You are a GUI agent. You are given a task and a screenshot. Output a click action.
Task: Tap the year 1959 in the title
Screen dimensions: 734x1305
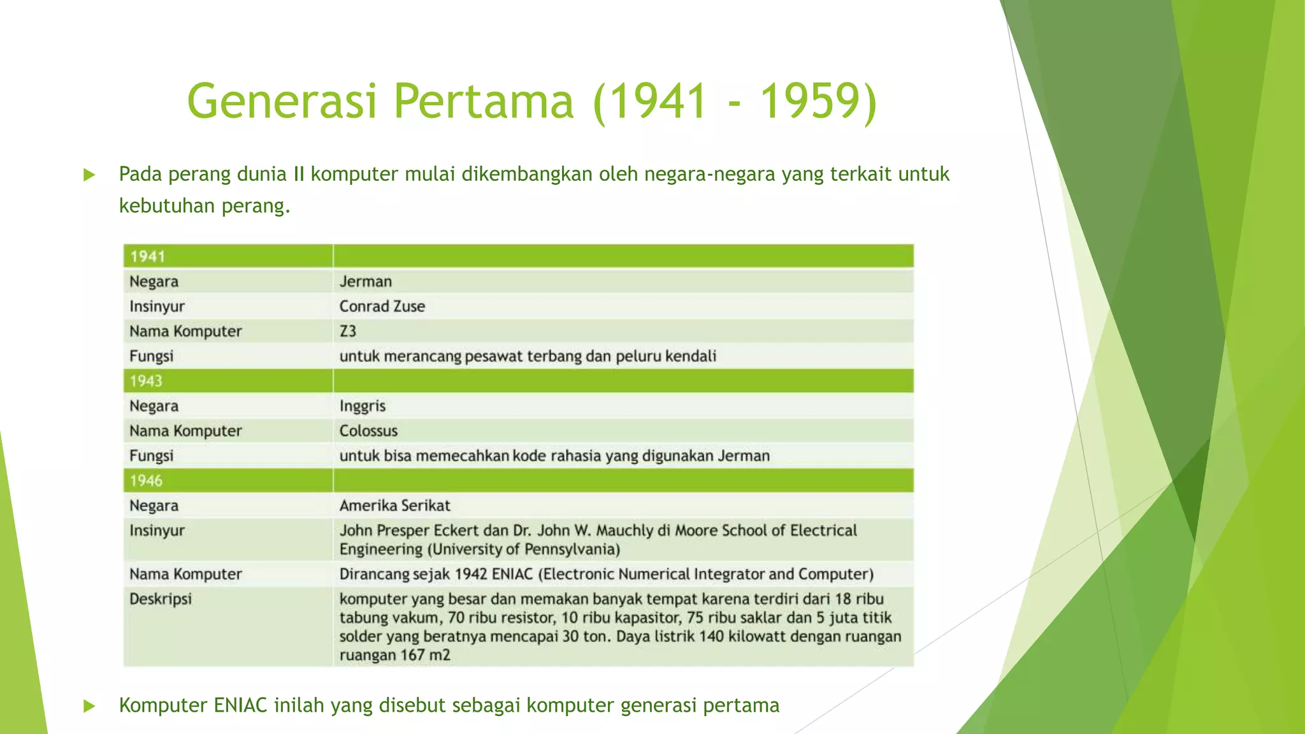coord(818,101)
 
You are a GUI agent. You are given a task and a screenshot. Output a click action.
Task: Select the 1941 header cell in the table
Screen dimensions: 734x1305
coord(148,256)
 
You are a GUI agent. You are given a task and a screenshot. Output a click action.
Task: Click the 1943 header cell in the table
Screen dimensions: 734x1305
coord(147,381)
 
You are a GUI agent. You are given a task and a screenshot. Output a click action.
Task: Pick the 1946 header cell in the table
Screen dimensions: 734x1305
coord(147,480)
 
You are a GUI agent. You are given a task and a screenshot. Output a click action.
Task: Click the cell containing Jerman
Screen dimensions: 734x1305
coord(366,282)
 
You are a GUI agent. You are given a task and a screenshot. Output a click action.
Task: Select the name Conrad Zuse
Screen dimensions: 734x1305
coord(382,306)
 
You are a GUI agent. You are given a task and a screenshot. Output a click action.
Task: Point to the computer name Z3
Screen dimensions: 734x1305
coord(348,331)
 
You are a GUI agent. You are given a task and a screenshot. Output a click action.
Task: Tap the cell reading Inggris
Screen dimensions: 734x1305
coord(363,406)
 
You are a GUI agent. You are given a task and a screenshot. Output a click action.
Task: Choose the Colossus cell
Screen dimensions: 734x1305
coord(368,431)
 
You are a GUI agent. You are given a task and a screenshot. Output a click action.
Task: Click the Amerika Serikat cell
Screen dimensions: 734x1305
coord(394,505)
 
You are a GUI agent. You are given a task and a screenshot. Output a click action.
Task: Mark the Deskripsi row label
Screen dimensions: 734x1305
coord(161,599)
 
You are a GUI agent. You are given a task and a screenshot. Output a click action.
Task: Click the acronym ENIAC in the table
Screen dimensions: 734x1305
coord(512,574)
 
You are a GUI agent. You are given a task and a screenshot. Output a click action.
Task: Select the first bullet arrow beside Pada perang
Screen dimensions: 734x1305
coord(89,175)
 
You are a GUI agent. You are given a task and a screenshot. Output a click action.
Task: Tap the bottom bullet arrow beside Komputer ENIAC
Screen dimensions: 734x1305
coord(89,706)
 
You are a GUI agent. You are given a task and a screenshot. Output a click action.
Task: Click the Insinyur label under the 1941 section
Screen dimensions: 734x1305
coord(157,306)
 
